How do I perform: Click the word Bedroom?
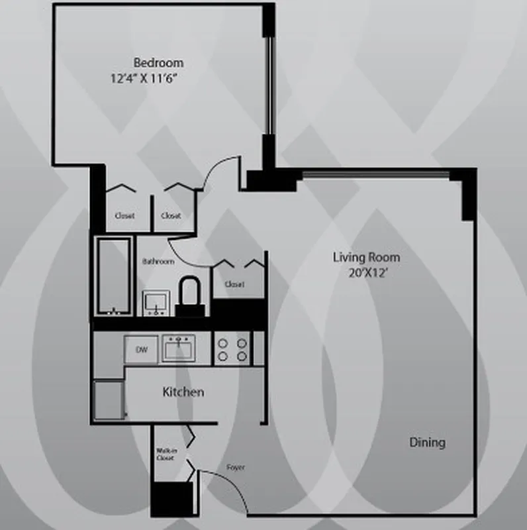point(158,63)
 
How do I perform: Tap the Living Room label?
point(366,258)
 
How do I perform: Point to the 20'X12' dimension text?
point(365,272)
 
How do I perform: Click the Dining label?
point(426,443)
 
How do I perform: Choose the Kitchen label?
point(183,392)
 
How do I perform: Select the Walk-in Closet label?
point(165,454)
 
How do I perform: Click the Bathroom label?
point(158,262)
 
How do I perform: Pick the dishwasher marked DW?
point(142,349)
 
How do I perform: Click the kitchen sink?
point(179,348)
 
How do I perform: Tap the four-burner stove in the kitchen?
point(232,349)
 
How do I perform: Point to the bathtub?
point(113,276)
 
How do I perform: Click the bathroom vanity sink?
point(157,302)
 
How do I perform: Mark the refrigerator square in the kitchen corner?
point(109,399)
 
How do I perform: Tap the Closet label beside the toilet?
point(234,284)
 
